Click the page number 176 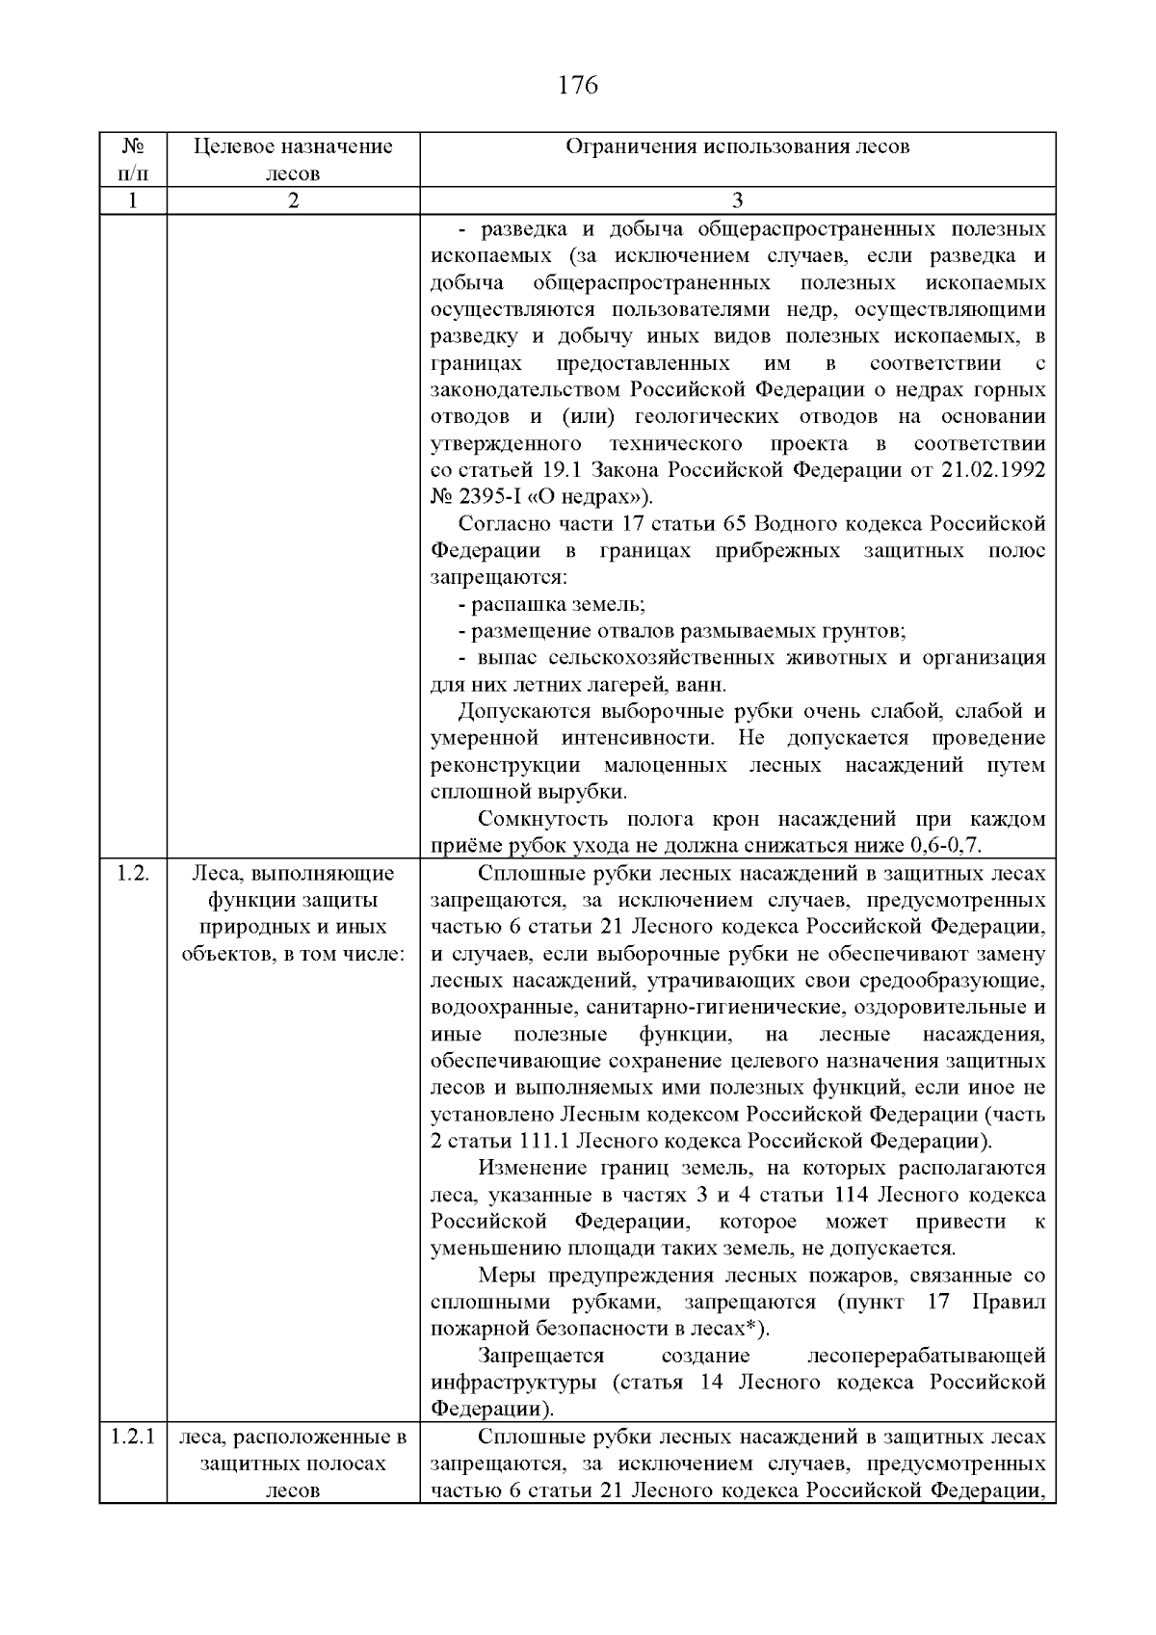(x=578, y=86)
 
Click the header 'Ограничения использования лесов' (x=737, y=146)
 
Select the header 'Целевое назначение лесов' (x=293, y=160)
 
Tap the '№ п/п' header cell (x=133, y=160)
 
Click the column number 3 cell (x=737, y=200)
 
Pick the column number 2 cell (x=293, y=200)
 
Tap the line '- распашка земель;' (x=551, y=604)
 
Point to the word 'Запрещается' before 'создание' (x=541, y=1356)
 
